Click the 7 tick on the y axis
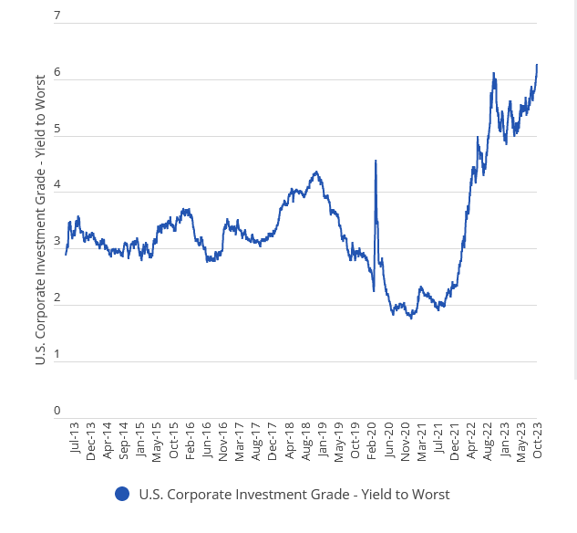[57, 16]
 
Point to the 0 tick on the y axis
[57, 410]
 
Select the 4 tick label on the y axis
[57, 184]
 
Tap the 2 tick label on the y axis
[57, 298]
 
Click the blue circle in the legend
[122, 494]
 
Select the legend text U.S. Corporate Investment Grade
[294, 494]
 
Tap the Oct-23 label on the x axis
[538, 439]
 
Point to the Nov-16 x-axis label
[223, 439]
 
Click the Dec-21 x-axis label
[455, 439]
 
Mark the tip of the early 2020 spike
[376, 161]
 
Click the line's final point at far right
[537, 65]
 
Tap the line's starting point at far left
[66, 254]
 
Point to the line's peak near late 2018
[315, 172]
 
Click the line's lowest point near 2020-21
[411, 318]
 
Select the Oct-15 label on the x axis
[173, 439]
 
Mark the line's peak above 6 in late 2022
[493, 73]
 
